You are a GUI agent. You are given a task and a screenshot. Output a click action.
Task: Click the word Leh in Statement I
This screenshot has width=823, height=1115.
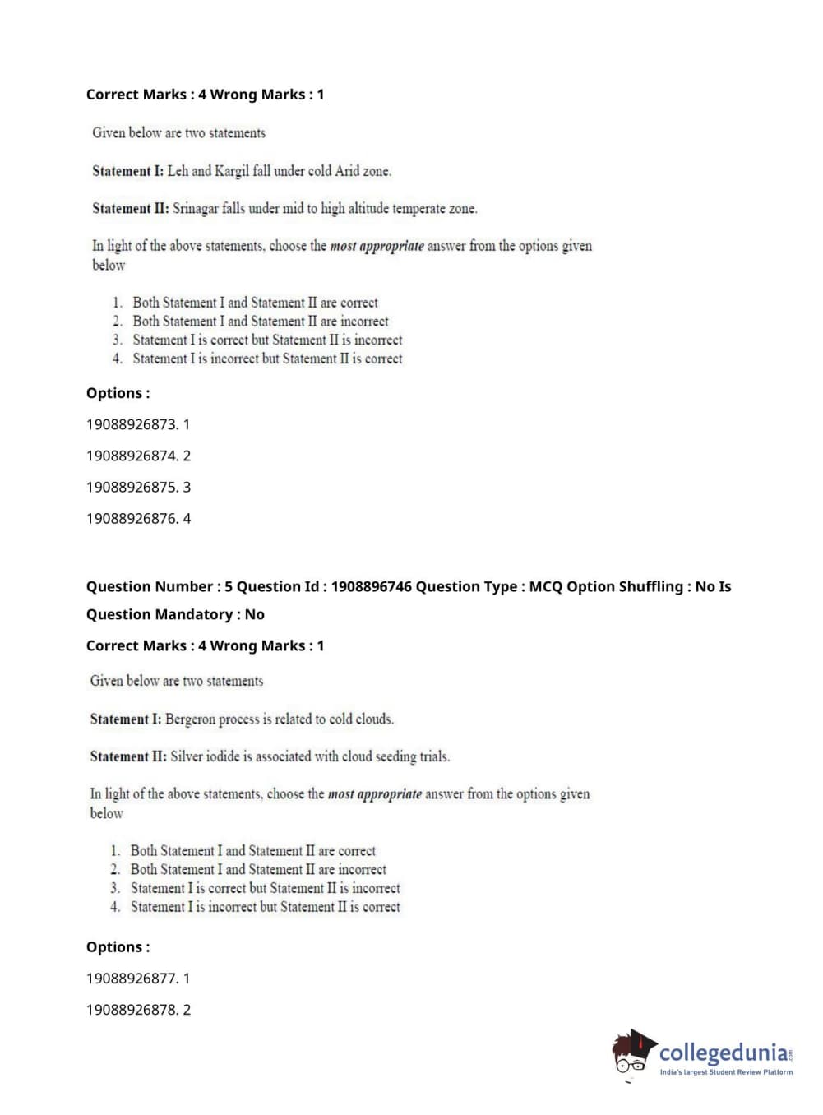click(x=178, y=171)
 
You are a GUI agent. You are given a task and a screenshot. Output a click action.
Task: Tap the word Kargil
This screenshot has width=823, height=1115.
click(x=232, y=171)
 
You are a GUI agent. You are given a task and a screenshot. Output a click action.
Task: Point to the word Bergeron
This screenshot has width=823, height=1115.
click(x=190, y=719)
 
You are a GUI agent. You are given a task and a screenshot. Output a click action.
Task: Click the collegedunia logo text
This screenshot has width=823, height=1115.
click(x=723, y=1053)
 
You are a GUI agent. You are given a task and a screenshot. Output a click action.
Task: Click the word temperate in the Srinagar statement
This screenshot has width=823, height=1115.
click(x=418, y=209)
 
